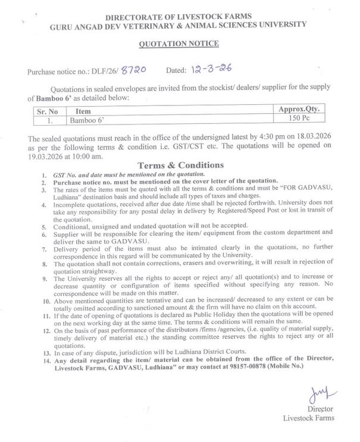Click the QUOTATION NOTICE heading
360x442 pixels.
(x=179, y=43)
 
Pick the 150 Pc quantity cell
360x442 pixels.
(x=299, y=120)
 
